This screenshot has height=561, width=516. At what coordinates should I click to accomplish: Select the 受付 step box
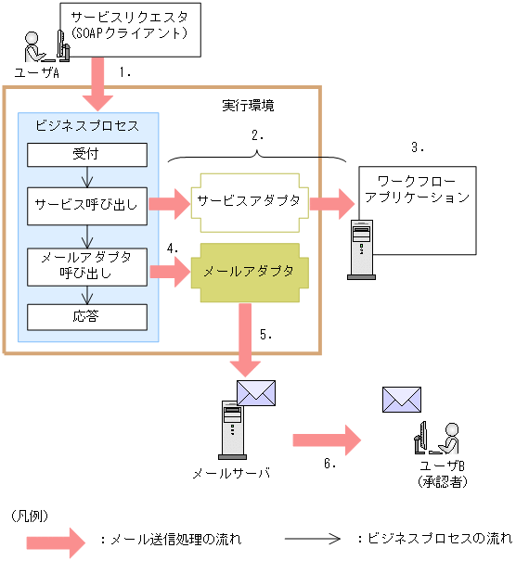[87, 154]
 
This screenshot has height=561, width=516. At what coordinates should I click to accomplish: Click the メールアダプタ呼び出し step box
[87, 265]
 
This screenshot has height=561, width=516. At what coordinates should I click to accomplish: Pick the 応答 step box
[87, 315]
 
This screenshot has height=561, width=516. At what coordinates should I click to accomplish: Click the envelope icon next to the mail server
[256, 392]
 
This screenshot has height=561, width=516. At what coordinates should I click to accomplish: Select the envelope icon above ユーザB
[402, 400]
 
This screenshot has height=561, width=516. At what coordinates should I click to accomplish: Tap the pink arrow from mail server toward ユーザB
[325, 439]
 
